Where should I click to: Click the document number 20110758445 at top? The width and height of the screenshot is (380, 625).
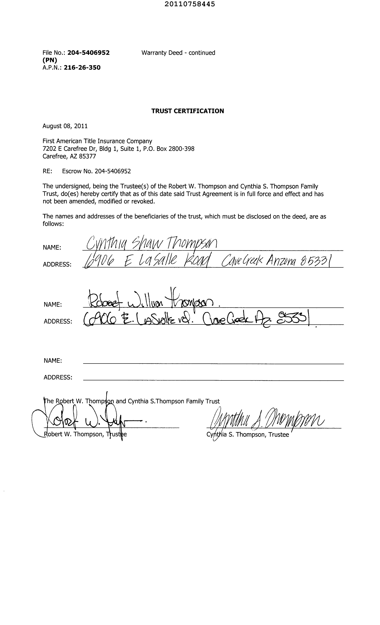point(190,4)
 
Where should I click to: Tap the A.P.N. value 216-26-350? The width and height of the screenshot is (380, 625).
point(82,67)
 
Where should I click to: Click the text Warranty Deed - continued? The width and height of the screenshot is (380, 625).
point(178,53)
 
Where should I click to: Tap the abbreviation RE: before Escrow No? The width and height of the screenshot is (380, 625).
point(47,171)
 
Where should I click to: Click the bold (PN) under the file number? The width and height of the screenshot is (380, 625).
point(50,60)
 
